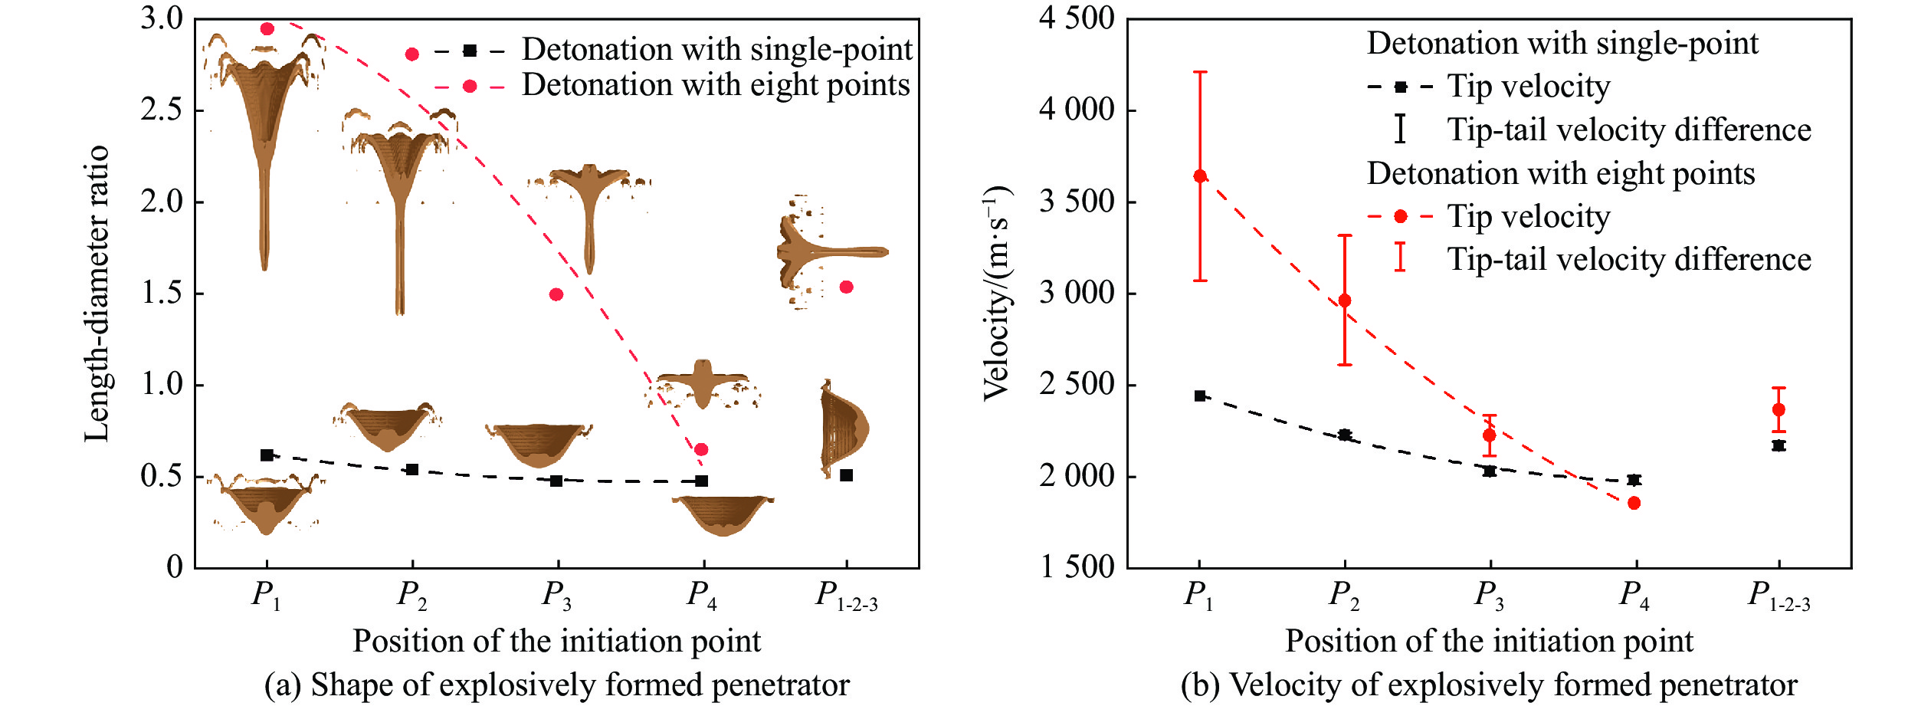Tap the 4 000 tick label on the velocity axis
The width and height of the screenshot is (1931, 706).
click(1077, 110)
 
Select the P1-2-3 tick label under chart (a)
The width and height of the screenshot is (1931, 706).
click(846, 596)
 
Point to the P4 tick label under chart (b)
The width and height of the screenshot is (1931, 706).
click(1634, 596)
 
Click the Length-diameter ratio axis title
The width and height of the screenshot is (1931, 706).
click(97, 293)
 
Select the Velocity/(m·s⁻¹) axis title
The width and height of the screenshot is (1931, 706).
click(997, 293)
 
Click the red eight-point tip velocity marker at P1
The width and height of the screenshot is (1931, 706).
click(1200, 176)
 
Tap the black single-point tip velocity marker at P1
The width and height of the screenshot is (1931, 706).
click(1200, 396)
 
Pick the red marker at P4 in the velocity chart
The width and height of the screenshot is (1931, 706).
click(1634, 503)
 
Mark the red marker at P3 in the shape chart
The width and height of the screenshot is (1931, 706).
click(556, 294)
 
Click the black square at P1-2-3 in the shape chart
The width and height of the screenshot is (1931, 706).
click(846, 475)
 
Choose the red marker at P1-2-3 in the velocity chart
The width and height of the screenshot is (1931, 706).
click(1779, 409)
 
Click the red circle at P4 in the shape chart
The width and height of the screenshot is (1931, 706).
click(701, 449)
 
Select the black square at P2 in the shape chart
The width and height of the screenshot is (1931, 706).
click(412, 469)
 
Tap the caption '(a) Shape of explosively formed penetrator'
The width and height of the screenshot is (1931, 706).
click(557, 685)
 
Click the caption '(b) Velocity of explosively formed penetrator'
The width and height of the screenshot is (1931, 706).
click(1489, 685)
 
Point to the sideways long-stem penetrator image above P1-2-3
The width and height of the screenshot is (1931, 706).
click(831, 251)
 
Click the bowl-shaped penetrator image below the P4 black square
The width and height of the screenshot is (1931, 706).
click(723, 515)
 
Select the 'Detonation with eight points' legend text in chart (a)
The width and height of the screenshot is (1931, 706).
click(716, 85)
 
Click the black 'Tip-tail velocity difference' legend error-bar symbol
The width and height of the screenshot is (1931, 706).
click(1400, 129)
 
